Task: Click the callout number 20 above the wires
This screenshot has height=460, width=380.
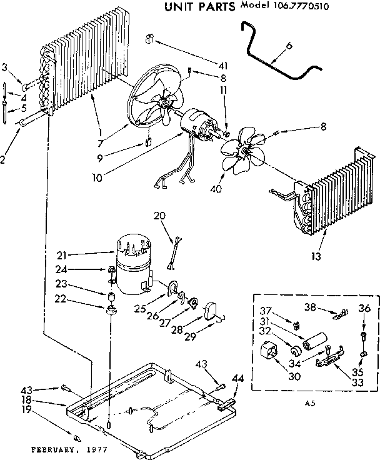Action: [161, 217]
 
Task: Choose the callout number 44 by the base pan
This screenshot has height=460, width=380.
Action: [237, 379]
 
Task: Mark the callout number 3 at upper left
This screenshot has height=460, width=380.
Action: [6, 67]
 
